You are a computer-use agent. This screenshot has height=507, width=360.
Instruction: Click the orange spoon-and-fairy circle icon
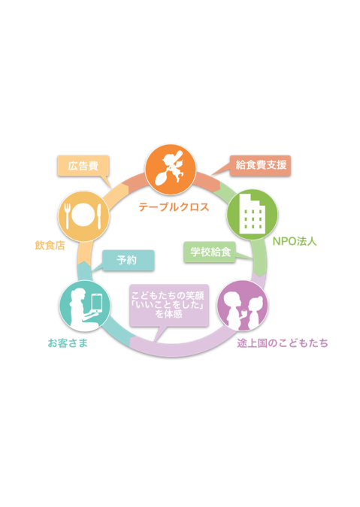click(170, 170)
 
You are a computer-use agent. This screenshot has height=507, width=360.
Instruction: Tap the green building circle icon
click(253, 214)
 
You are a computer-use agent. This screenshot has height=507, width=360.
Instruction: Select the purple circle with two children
click(243, 306)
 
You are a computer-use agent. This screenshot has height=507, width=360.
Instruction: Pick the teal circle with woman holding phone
click(85, 306)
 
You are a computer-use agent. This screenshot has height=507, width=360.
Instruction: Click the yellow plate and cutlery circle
click(83, 216)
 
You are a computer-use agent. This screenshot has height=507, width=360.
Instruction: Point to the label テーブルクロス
click(174, 207)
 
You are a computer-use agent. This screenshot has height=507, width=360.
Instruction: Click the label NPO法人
click(295, 241)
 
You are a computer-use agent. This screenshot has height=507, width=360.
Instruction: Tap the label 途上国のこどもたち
click(283, 343)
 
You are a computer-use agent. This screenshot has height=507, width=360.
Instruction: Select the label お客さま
click(68, 343)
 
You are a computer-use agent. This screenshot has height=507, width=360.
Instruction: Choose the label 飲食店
click(50, 246)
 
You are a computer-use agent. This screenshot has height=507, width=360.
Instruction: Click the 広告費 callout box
click(83, 166)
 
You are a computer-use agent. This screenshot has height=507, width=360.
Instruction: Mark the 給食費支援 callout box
click(260, 165)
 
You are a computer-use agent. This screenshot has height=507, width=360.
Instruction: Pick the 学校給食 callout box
click(210, 252)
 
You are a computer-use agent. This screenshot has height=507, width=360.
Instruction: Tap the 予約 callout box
click(128, 261)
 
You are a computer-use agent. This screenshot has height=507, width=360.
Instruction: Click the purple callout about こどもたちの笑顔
click(169, 305)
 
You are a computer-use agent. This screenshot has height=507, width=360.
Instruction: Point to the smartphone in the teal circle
click(97, 303)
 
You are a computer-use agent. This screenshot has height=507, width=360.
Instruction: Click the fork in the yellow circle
click(68, 216)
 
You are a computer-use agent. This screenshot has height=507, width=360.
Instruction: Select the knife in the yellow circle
click(99, 216)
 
